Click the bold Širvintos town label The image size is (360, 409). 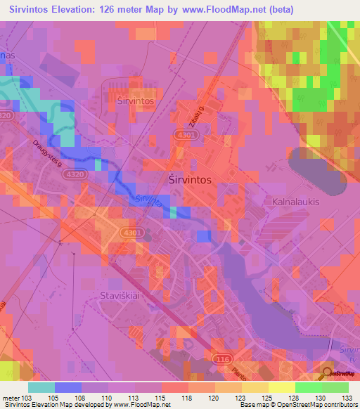click(x=191, y=180)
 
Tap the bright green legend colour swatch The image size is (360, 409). click(x=309, y=387)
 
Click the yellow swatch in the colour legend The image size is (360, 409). click(x=282, y=387)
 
